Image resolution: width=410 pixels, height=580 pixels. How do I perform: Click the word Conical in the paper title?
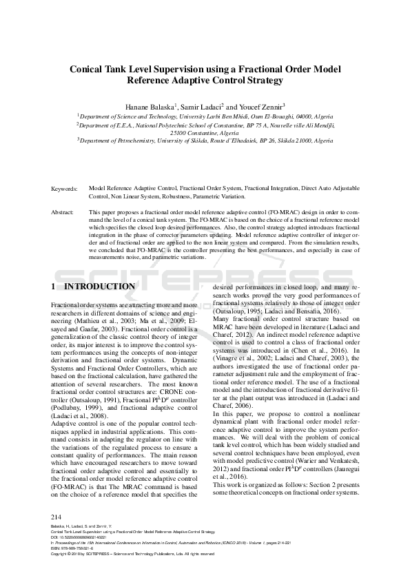click(91, 69)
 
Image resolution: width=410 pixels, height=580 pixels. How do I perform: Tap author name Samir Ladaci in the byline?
click(201, 107)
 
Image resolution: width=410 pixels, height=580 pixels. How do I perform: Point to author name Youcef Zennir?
click(262, 107)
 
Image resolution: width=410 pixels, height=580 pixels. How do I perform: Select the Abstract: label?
click(64, 213)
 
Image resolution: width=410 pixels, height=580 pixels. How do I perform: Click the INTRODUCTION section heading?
click(99, 287)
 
